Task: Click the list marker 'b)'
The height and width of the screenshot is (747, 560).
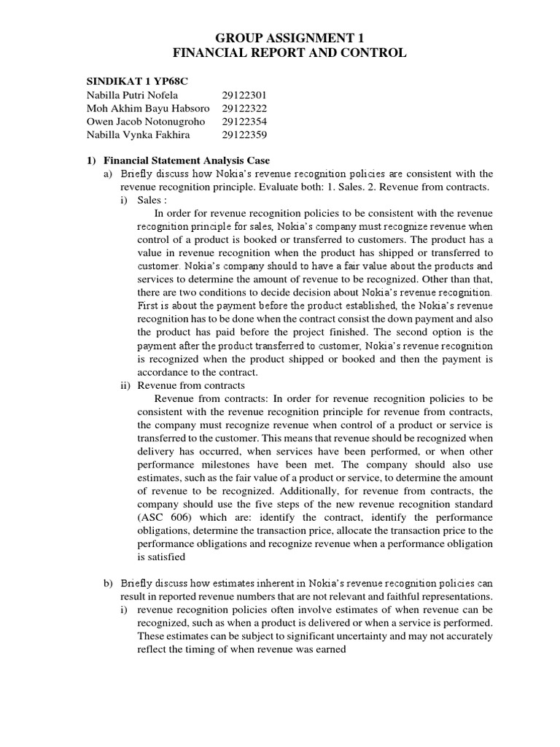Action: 109,583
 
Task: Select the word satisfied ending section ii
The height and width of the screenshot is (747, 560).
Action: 166,557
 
